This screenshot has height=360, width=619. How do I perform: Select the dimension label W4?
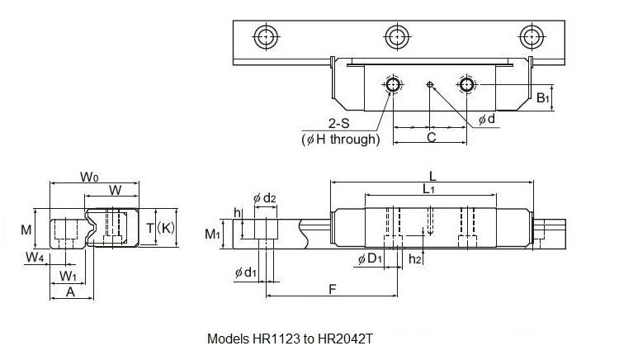click(34, 258)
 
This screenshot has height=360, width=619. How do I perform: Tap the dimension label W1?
click(69, 274)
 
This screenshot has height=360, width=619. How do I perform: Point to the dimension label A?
click(70, 291)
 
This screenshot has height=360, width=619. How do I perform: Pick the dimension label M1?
click(213, 234)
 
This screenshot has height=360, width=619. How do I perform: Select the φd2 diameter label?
click(264, 197)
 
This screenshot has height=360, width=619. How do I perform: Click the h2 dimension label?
click(416, 259)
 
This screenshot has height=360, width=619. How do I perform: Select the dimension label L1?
click(429, 189)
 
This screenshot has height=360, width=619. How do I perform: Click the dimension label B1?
click(543, 99)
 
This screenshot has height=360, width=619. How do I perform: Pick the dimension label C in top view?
click(430, 137)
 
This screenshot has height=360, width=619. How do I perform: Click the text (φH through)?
click(341, 140)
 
